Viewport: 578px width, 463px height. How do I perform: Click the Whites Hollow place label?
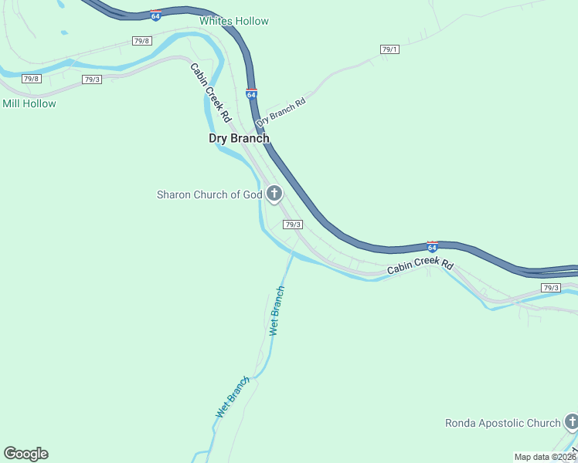pos(234,21)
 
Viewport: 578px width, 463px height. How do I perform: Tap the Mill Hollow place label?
pos(29,103)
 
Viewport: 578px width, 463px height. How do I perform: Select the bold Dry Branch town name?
pos(240,138)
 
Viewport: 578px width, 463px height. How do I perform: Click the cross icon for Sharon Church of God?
pos(274,194)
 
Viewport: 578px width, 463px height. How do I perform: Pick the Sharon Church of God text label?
pos(209,194)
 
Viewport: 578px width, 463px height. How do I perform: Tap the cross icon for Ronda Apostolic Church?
pos(571,422)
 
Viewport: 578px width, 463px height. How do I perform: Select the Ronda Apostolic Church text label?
pos(502,423)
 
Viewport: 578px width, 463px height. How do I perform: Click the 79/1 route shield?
pos(389,49)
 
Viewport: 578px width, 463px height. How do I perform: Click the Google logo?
pos(25,453)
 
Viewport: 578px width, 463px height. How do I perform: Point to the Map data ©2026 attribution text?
pos(546,456)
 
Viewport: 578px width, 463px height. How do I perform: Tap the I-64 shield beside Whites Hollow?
pos(155,15)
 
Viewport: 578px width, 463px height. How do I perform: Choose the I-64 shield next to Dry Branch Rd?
pos(252,93)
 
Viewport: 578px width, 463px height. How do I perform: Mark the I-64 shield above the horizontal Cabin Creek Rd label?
pos(433,246)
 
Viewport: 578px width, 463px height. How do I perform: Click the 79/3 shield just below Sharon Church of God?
pos(292,225)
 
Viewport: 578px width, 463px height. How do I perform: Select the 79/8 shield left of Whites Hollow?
pos(141,40)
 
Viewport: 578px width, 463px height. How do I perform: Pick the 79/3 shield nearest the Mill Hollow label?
pos(92,79)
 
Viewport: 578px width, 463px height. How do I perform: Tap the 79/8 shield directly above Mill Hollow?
pos(31,79)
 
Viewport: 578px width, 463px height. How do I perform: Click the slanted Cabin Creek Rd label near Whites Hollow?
pos(211,91)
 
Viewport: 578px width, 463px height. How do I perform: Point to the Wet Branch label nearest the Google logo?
pos(233,397)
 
